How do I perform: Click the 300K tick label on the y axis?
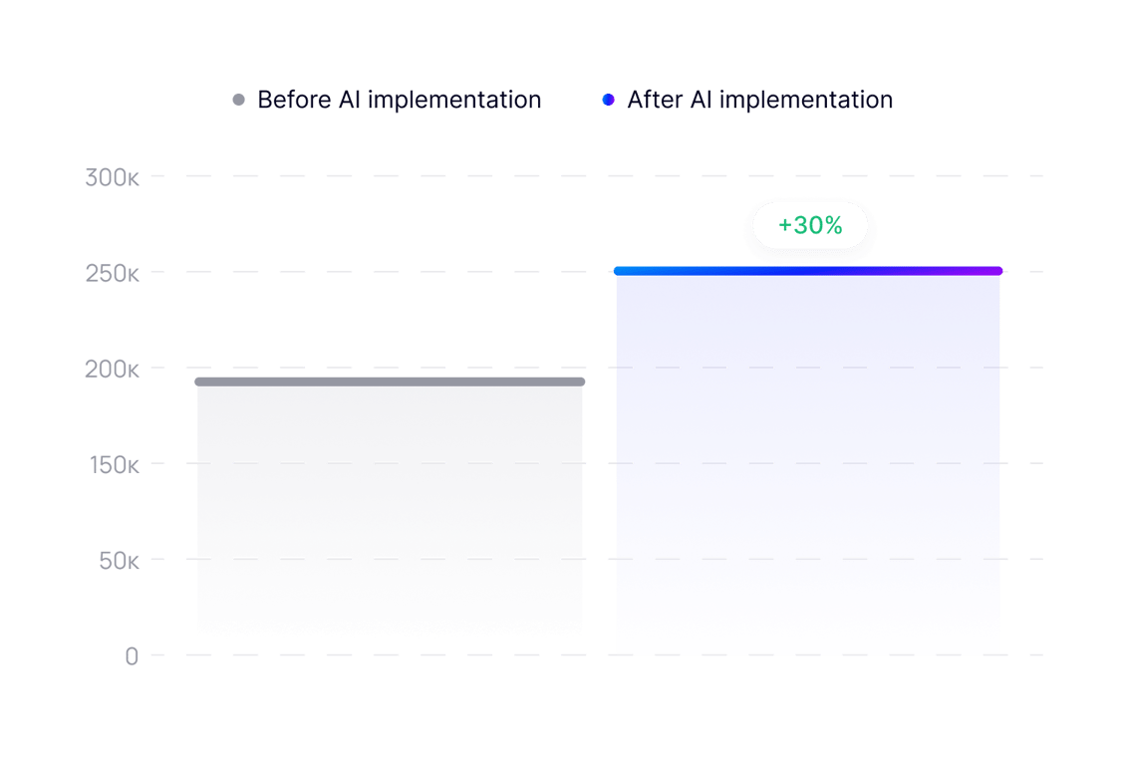click(x=112, y=178)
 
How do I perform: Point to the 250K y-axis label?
click(x=112, y=273)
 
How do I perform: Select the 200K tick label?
click(x=112, y=370)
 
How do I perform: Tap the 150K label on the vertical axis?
click(x=112, y=465)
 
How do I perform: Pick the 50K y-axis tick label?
click(x=118, y=561)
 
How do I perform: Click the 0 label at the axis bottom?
click(x=132, y=656)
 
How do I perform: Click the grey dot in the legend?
click(x=238, y=100)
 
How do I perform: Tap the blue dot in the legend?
click(x=608, y=100)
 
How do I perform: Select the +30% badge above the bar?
click(x=809, y=226)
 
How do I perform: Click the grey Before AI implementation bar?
click(x=390, y=508)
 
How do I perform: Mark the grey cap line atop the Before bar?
click(x=390, y=382)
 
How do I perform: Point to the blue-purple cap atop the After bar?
click(x=808, y=271)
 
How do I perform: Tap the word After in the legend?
click(x=655, y=100)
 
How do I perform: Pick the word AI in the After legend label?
click(x=700, y=100)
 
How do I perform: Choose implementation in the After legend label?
click(x=805, y=101)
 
